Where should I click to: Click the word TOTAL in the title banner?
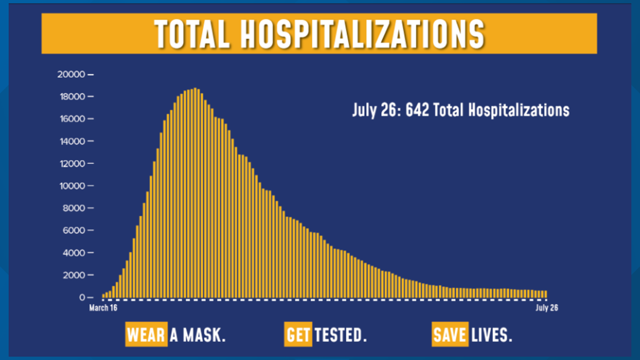coord(191,34)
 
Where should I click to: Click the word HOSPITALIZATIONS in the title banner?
coord(362,34)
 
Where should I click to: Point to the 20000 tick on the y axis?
coord(71,74)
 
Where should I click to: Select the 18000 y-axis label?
coord(71,97)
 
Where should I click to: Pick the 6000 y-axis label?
coord(74,230)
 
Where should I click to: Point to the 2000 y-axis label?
coord(74,275)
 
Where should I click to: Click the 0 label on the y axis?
coord(83,298)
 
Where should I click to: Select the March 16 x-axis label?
coord(103,308)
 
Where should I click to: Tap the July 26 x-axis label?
coord(547,308)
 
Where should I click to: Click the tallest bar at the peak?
coord(195,193)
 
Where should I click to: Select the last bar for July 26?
coord(546,294)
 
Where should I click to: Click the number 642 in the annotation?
coord(417,110)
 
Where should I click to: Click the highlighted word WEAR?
coord(146,335)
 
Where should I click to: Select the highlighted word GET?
coord(298,335)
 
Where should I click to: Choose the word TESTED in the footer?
coord(340,335)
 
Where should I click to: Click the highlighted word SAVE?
coord(450,335)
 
